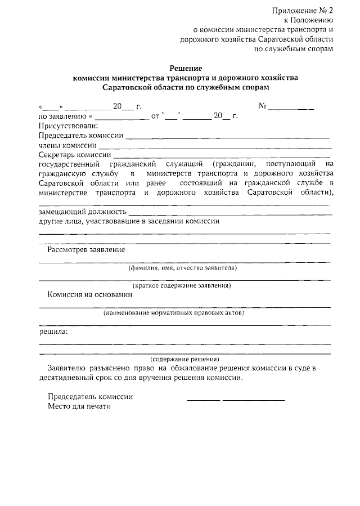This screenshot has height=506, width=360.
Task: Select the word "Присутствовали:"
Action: [69, 126]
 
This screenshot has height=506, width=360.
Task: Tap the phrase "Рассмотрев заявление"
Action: [86, 249]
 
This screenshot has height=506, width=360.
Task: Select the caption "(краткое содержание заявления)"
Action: [185, 286]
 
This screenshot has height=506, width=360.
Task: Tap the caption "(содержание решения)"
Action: [185, 359]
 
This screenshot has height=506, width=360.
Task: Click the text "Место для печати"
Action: [80, 406]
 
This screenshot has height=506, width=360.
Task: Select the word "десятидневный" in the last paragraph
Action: [67, 378]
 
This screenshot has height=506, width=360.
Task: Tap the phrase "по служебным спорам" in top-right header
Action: [294, 48]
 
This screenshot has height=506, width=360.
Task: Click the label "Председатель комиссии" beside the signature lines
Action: [90, 396]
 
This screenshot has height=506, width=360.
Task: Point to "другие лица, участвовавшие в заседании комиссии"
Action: [129, 221]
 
